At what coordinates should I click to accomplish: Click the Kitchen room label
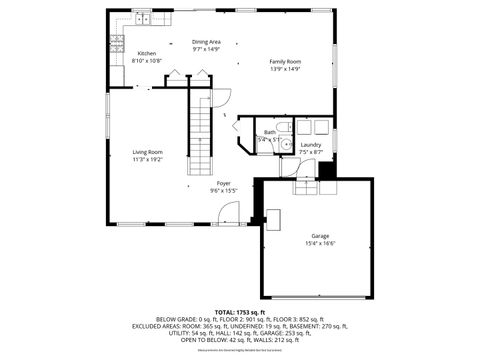click(x=146, y=53)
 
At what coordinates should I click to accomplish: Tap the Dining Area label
click(x=206, y=41)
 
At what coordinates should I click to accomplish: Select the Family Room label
click(x=285, y=61)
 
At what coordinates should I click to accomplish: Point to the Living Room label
click(x=147, y=152)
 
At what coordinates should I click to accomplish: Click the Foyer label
click(x=223, y=183)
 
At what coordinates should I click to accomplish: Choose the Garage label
click(x=319, y=236)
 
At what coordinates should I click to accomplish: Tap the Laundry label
click(x=311, y=144)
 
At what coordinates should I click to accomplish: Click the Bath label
click(x=269, y=132)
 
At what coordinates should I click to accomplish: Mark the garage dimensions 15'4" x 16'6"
click(x=319, y=244)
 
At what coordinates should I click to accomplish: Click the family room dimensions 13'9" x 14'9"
click(x=285, y=69)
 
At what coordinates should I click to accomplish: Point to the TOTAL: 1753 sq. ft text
click(x=239, y=311)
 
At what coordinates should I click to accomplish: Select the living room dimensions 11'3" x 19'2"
click(x=147, y=160)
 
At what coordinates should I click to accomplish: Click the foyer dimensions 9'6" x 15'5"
click(x=223, y=191)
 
